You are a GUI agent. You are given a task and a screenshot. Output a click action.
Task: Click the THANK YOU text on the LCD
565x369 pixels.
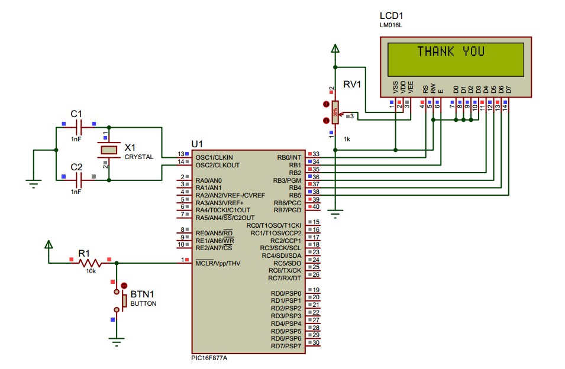click(x=451, y=51)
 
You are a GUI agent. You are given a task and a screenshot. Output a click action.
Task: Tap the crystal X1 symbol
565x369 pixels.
click(x=108, y=148)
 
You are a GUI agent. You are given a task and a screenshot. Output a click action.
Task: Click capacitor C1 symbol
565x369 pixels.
click(x=78, y=126)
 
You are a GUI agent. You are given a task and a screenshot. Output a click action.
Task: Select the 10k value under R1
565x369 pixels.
click(x=90, y=271)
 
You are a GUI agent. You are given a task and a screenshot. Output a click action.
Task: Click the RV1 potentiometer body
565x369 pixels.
click(x=335, y=112)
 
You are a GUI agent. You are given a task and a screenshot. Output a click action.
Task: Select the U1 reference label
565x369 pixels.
click(x=197, y=144)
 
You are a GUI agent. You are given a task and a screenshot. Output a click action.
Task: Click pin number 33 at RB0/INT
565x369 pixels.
click(x=316, y=154)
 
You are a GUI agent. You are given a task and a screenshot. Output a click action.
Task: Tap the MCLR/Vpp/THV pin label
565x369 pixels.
click(x=218, y=263)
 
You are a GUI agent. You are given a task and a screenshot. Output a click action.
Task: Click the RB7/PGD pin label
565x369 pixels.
click(x=288, y=210)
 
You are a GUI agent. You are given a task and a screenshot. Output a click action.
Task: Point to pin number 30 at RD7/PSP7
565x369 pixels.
click(x=316, y=343)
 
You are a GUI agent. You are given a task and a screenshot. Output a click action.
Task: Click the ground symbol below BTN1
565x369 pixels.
click(x=117, y=339)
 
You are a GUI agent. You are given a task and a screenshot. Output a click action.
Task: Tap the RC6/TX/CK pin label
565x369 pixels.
click(x=285, y=270)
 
